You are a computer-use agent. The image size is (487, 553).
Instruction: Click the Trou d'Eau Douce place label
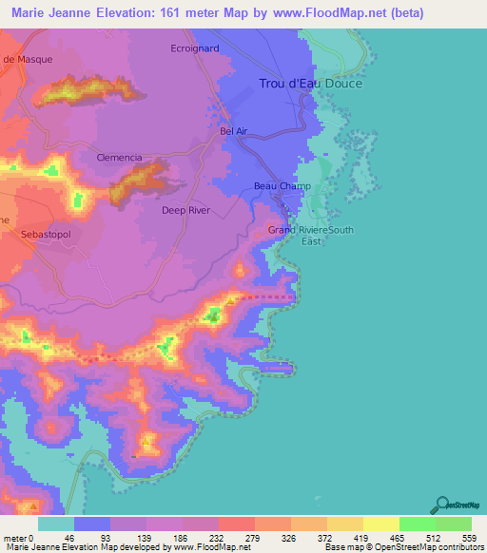311,84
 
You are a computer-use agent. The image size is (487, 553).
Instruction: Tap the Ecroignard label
194,48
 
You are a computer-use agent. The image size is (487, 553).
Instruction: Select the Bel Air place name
233,130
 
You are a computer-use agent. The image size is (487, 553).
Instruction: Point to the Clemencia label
120,158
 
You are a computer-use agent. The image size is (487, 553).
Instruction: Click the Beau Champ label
277,186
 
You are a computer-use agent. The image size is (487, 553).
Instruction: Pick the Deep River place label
185,210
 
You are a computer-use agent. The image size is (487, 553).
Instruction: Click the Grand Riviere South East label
310,236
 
